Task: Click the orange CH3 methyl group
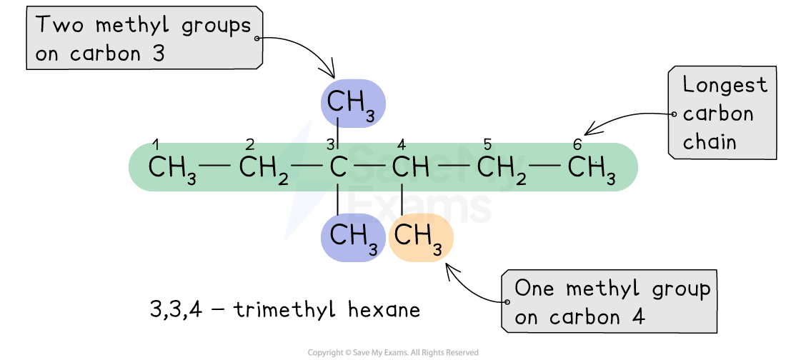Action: click(x=421, y=238)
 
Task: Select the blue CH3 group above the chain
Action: click(x=352, y=104)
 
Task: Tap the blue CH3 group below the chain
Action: click(x=353, y=238)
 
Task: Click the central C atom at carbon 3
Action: click(x=338, y=168)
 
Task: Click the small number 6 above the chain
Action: click(x=577, y=146)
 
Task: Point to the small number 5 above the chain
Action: click(x=487, y=146)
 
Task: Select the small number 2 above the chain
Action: click(x=249, y=146)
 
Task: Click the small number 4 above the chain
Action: click(x=402, y=146)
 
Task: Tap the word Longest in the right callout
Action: click(x=725, y=85)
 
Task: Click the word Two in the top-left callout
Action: click(x=61, y=26)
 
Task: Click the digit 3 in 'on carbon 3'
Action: click(x=159, y=54)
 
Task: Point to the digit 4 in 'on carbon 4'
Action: click(x=637, y=317)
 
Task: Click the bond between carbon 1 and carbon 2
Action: click(x=216, y=167)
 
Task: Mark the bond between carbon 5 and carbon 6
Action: click(x=545, y=167)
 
